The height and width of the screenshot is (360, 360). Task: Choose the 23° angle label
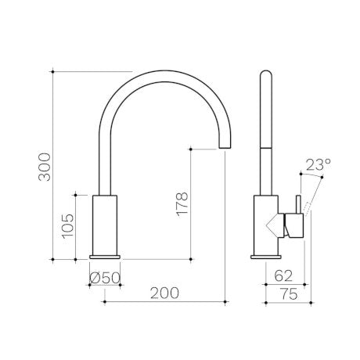(x=319, y=164)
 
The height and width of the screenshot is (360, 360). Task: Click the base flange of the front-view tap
(x=105, y=257)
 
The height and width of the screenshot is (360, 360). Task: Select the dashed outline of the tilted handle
(x=308, y=208)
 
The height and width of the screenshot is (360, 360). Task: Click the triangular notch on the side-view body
(x=275, y=225)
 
